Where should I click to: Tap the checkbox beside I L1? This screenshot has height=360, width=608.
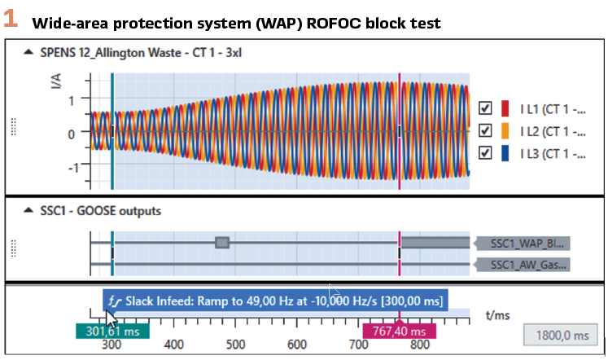coord(486,108)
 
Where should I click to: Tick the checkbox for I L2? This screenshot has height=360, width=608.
coord(486,130)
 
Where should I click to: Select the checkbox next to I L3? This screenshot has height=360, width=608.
coord(486,152)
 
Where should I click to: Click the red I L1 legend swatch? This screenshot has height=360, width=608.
coord(505,108)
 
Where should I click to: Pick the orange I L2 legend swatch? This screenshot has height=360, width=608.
coord(505,130)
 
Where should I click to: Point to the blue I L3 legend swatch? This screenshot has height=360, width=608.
coord(505,152)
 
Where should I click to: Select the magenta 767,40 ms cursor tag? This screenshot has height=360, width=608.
coord(399,331)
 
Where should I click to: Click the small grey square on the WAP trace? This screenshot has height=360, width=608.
coord(221,242)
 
